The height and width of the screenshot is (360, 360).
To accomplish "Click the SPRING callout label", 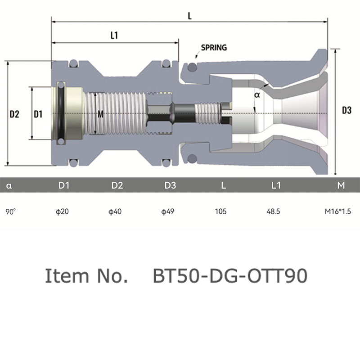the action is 214,48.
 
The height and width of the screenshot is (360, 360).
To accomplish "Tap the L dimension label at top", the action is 189,16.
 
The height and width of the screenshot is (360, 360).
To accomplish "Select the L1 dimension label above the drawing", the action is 114,36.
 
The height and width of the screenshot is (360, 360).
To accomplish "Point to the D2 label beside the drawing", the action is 14,114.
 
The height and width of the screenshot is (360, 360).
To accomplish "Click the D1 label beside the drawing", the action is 38,114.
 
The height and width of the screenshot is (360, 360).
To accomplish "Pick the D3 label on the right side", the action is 346,110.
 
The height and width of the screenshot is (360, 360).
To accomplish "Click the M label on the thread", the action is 100,114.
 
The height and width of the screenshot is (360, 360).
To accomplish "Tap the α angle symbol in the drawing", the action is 257,94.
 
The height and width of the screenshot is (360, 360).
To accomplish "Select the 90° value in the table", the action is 10,211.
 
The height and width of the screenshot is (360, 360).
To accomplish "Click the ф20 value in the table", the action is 62,211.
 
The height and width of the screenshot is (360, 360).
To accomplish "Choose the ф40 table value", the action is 115,211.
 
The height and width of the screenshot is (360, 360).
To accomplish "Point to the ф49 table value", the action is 167,211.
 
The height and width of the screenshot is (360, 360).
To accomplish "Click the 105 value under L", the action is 220,211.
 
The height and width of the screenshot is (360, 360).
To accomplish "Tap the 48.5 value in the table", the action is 273,211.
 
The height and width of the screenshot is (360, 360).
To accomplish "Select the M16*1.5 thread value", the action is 338,211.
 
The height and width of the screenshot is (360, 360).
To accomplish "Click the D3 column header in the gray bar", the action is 170,185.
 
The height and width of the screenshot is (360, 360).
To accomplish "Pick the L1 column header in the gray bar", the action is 276,185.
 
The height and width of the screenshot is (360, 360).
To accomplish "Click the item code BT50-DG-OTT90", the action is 230,275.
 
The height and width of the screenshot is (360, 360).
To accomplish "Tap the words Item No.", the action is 86,275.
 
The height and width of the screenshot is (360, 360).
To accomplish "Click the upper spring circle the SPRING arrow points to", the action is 192,67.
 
